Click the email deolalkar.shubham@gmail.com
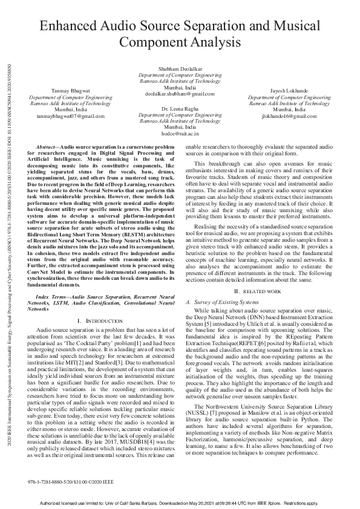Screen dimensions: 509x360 (180, 94)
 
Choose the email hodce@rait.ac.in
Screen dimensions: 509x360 (180, 134)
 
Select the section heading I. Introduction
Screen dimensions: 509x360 (100, 319)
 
